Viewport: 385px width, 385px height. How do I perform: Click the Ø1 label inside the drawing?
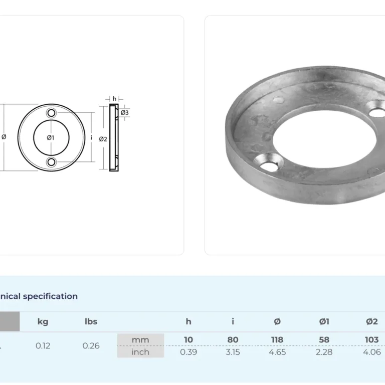click(50, 138)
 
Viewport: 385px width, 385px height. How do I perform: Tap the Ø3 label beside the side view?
click(125, 113)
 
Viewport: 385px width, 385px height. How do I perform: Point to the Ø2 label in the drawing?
click(103, 139)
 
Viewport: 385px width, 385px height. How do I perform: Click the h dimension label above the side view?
click(114, 99)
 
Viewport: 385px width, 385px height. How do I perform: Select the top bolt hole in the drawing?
click(51, 113)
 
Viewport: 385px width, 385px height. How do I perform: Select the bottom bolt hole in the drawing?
click(51, 162)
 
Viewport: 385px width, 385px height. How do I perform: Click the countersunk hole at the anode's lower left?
click(269, 162)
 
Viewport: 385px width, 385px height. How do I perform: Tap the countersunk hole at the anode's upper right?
click(376, 109)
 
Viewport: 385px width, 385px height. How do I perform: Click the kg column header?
click(43, 322)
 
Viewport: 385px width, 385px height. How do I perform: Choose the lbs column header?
click(91, 322)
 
